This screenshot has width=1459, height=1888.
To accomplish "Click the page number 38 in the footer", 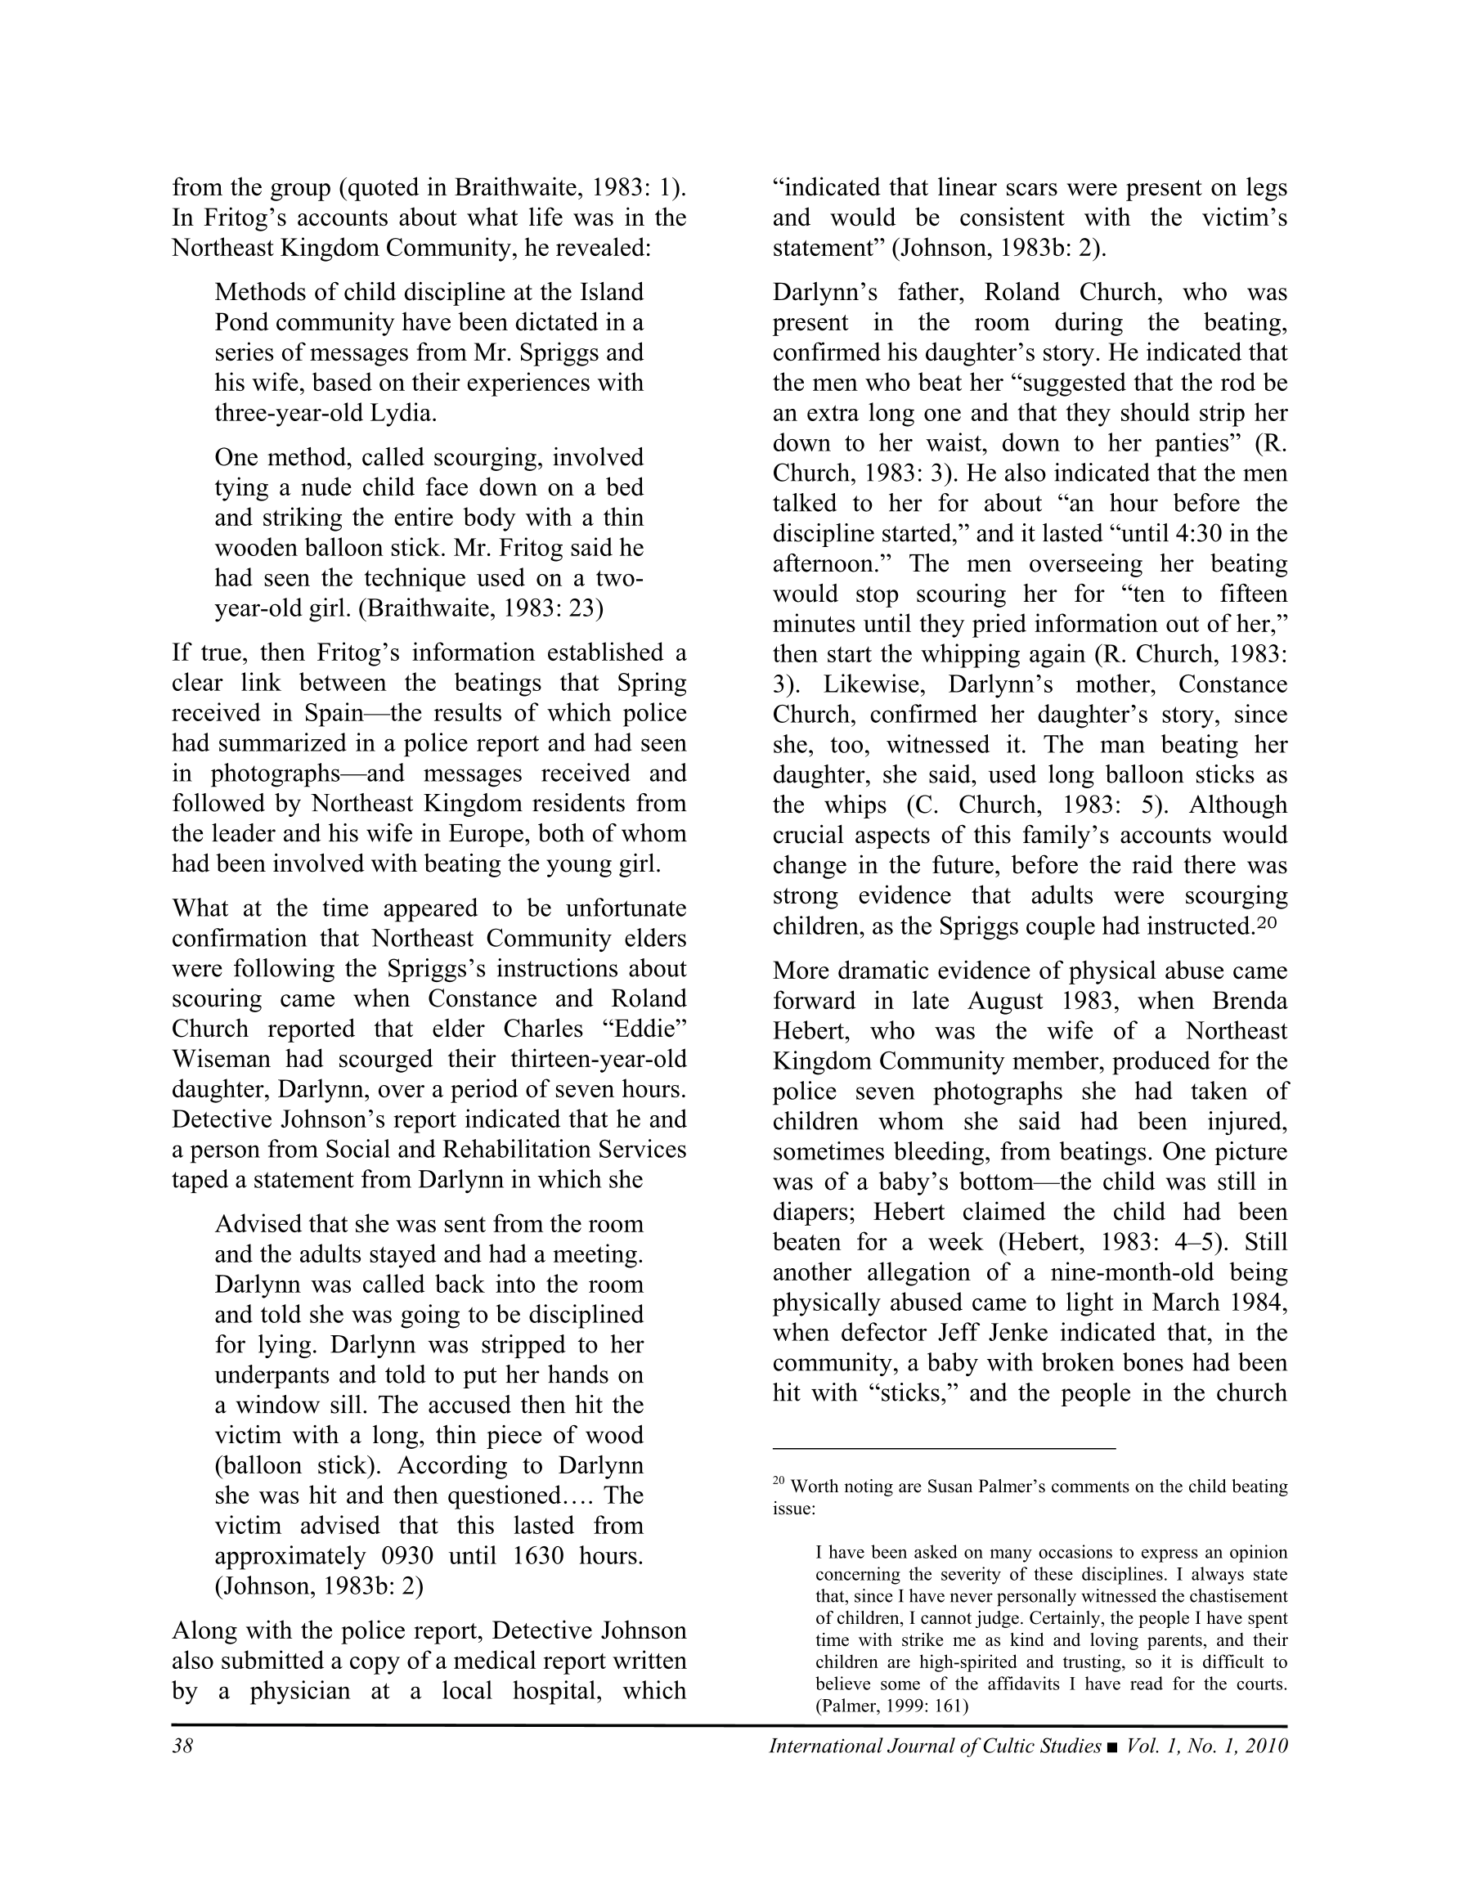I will point(182,1747).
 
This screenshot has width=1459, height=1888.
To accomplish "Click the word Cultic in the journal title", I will point(992,1747).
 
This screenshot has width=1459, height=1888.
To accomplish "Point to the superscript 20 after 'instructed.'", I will point(1266,923).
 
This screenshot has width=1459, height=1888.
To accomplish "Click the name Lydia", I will point(403,413).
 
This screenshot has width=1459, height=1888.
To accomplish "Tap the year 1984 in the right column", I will point(1257,1303).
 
